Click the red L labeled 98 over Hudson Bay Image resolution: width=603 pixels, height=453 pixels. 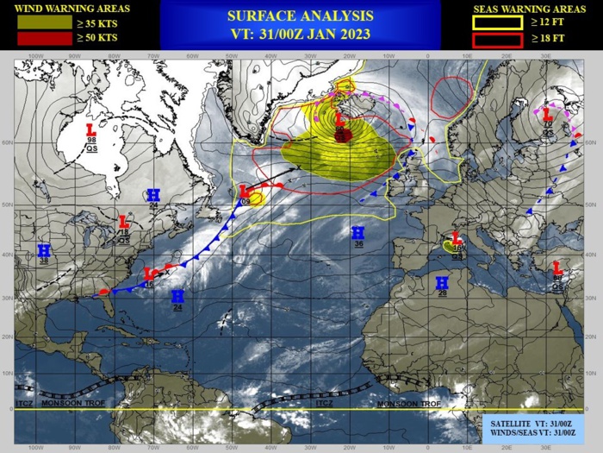pos(90,129)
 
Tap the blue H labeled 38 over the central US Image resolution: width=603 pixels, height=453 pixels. pos(44,250)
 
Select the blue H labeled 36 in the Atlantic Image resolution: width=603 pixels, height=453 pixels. pos(357,232)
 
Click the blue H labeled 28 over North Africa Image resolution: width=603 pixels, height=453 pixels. pos(442,282)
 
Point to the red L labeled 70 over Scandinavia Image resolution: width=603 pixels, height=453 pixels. pos(546,113)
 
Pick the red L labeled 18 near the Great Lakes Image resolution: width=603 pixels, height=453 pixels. pos(123,221)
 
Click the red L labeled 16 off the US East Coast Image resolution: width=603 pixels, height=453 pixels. pos(148,274)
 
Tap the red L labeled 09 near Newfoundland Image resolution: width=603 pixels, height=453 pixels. pos(245,191)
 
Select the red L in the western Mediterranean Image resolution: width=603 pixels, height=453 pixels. pos(457,237)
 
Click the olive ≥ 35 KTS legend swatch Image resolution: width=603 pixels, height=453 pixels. pos(35,23)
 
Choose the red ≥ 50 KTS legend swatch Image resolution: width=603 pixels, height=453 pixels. pos(35,39)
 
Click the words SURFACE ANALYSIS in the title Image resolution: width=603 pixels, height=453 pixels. pos(301,16)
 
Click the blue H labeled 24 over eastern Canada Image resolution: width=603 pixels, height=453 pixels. pos(153,195)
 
